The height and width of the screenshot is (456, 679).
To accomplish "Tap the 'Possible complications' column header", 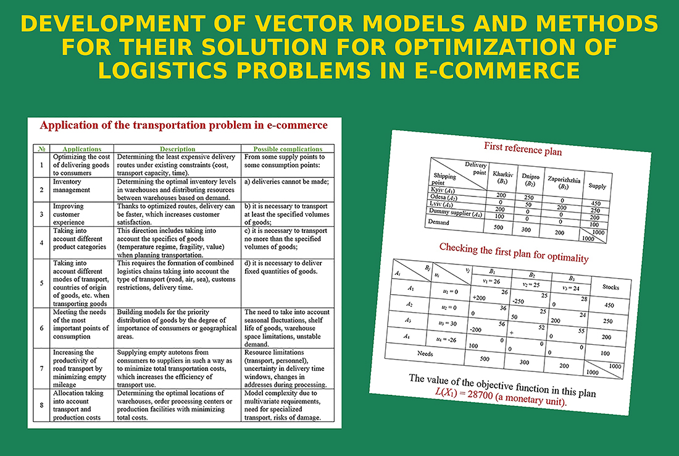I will (x=288, y=149).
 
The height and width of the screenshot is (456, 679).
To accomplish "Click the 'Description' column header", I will (x=177, y=149).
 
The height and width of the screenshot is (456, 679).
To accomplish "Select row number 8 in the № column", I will (x=41, y=405).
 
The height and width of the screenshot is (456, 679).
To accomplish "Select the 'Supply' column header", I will (x=597, y=185).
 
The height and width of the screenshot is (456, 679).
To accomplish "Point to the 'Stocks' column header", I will (x=607, y=287).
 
